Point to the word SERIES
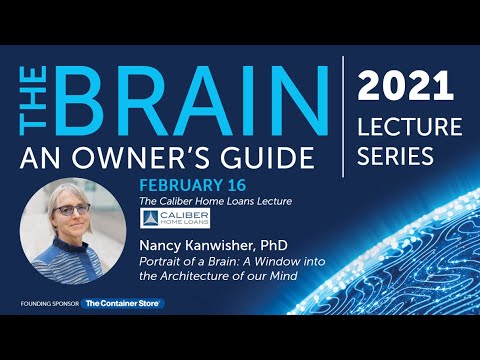(398, 157)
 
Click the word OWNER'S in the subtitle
(160, 158)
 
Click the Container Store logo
(123, 303)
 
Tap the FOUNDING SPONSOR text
(49, 303)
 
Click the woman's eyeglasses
(72, 211)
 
